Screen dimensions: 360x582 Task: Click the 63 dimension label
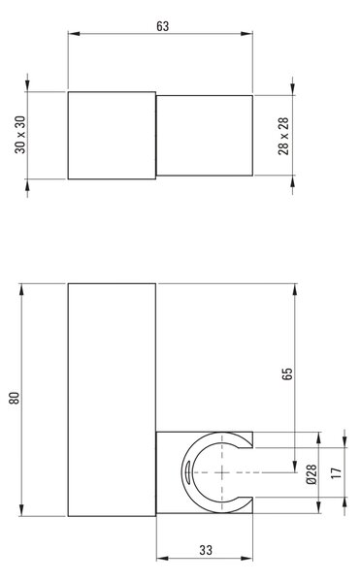(x=163, y=26)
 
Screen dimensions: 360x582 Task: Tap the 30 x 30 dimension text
(x=20, y=135)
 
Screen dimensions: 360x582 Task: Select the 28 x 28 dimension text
(x=283, y=136)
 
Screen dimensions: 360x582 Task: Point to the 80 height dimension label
(x=15, y=398)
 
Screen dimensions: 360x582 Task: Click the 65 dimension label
(x=287, y=373)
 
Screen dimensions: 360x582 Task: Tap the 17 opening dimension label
(x=336, y=473)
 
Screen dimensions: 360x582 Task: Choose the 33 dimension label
(x=206, y=550)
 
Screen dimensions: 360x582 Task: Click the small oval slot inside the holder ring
(x=187, y=472)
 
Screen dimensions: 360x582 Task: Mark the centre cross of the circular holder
(x=221, y=472)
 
